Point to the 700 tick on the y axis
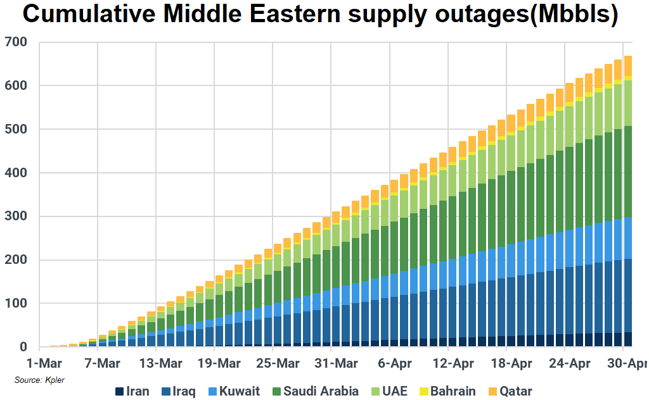(x=15, y=42)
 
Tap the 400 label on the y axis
(x=15, y=173)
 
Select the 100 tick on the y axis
(x=15, y=304)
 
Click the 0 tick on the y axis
(x=23, y=347)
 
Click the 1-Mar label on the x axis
(x=43, y=364)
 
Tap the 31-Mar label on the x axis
(x=335, y=364)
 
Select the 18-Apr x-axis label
(x=512, y=364)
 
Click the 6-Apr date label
(x=395, y=364)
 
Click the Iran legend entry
(x=132, y=391)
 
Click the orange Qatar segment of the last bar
(x=628, y=66)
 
